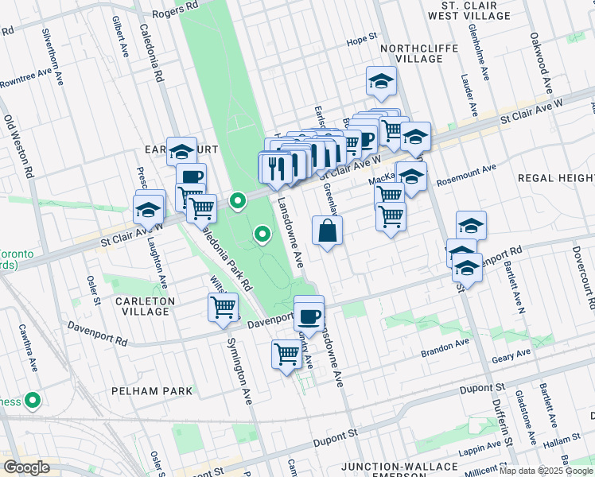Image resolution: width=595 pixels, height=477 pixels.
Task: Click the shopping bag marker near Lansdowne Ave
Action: [328, 232]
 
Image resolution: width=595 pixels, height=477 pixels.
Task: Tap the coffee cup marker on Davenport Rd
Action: [309, 316]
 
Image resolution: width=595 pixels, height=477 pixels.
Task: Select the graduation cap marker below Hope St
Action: [381, 82]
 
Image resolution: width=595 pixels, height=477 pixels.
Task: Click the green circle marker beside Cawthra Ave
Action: [33, 401]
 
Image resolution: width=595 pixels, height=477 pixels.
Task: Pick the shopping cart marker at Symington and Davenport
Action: [224, 308]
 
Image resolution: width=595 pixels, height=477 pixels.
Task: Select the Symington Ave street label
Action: [241, 372]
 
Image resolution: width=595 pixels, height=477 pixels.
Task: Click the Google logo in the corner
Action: [26, 467]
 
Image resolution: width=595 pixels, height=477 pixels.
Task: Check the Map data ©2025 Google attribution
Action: [546, 471]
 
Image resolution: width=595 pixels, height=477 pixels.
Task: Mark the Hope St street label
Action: [360, 38]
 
